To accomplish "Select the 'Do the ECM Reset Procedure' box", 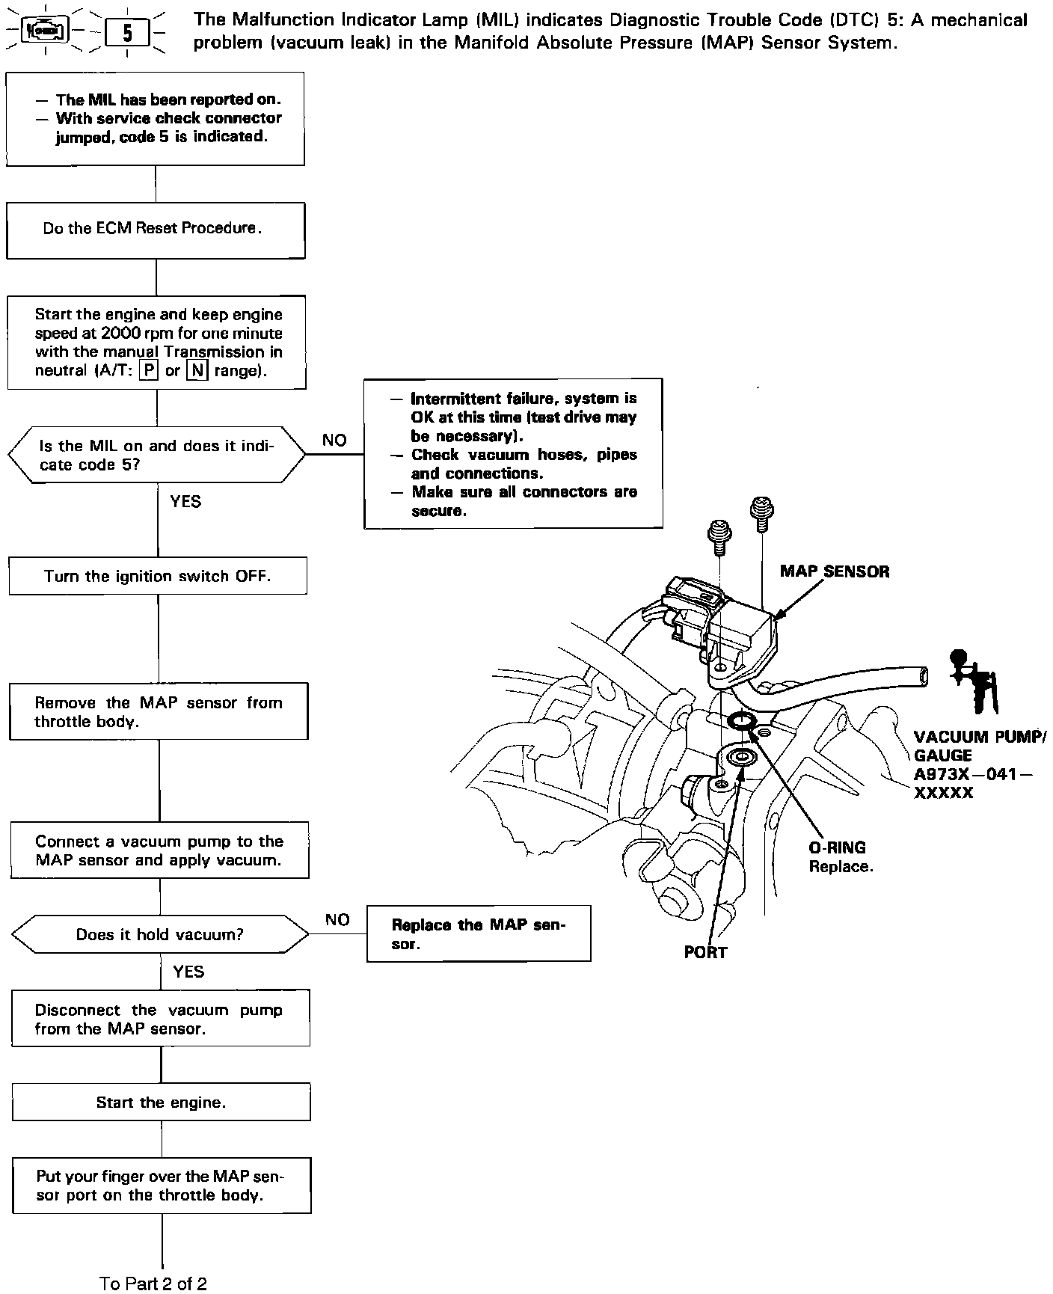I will pos(156,230).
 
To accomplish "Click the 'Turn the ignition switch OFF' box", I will pos(158,576).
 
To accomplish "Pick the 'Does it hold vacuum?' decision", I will pos(160,935).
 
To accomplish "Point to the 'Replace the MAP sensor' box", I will pos(479,933).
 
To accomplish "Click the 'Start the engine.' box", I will pos(161,1103).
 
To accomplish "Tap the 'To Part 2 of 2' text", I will pos(153,1284).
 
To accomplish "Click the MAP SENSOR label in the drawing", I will pos(835,572).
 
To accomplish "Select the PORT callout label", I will pos(705,952).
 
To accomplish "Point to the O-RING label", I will pos(837,847).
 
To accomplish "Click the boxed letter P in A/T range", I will pos(150,371).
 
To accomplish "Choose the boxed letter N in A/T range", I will pos(197,371).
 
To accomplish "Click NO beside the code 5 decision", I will pos(334,440).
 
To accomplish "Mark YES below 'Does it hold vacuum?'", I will pos(188,971).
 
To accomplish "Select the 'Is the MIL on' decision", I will pos(156,456).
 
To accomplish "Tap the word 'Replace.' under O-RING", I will pos(841,867).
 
